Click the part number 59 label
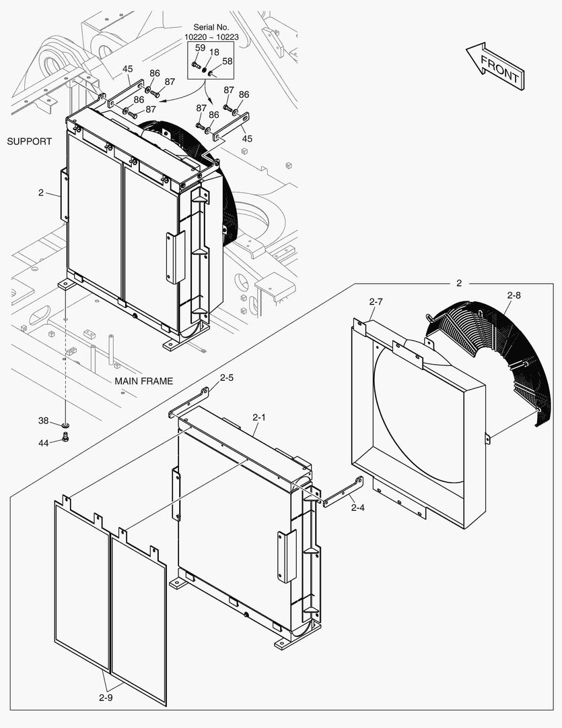(x=200, y=48)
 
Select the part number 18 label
(x=213, y=52)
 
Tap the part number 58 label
(x=227, y=61)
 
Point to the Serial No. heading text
(x=211, y=27)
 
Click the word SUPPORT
(x=29, y=142)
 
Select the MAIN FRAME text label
(x=143, y=381)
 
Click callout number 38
(x=43, y=421)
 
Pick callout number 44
(x=43, y=442)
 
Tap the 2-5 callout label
(x=227, y=378)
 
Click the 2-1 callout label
(x=259, y=418)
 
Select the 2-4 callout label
(x=357, y=508)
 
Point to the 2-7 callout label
(x=376, y=301)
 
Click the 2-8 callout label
(x=514, y=295)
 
